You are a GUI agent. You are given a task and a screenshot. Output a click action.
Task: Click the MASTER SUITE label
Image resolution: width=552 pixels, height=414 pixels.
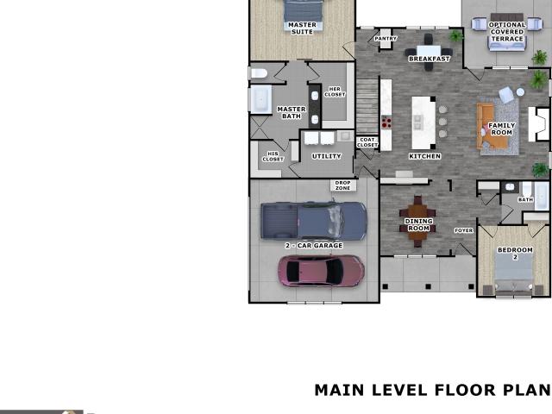[302, 28]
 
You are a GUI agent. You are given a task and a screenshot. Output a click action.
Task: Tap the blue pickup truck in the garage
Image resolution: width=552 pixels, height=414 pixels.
[313, 221]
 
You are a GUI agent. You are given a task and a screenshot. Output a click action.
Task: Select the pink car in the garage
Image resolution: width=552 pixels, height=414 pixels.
[321, 271]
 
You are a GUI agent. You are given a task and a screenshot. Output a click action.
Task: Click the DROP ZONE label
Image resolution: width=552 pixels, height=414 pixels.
[342, 185]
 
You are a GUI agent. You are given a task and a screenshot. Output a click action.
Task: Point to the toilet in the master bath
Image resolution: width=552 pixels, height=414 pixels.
[259, 73]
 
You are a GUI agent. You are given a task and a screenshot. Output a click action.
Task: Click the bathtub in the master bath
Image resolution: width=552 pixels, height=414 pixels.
[260, 99]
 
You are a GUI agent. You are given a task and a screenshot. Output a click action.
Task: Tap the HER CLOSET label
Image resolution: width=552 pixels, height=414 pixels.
[335, 91]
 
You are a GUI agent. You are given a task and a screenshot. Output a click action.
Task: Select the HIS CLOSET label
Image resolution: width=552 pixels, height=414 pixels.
[273, 156]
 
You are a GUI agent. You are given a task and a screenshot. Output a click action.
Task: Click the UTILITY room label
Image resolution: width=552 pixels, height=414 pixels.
[326, 156]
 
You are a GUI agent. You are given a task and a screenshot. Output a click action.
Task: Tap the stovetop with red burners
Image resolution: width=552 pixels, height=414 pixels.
[386, 122]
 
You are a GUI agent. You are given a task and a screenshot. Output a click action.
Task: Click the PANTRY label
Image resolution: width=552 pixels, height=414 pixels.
[386, 38]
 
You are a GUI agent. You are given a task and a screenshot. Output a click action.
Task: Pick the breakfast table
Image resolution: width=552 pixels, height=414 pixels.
[429, 52]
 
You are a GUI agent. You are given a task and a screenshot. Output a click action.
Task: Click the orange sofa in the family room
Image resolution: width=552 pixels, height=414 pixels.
[492, 126]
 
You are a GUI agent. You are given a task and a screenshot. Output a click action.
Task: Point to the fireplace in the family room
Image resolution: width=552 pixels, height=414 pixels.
[539, 124]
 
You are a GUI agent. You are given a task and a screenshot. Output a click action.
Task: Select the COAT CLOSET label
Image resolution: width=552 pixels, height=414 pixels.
[367, 142]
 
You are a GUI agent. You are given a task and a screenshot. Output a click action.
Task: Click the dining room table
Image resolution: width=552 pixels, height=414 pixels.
[417, 221]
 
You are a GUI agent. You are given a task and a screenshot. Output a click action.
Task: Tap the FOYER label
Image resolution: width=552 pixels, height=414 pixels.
[464, 230]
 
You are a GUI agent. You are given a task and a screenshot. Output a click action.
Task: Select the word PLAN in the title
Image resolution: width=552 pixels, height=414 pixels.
[527, 390]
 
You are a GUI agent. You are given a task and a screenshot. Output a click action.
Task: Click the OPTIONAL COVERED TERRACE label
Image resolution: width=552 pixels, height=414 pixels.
[507, 32]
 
